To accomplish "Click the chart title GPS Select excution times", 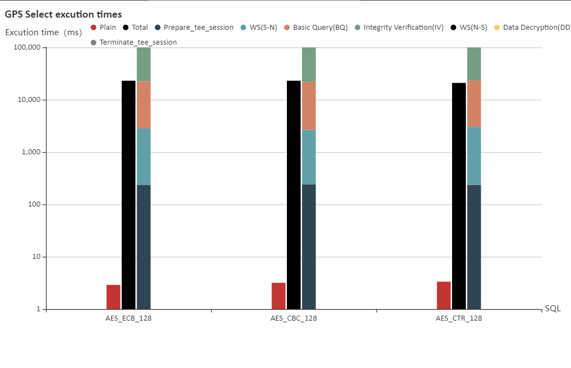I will click(63, 14).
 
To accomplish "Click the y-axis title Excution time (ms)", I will click(43, 32).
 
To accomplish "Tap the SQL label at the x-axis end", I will click(552, 309).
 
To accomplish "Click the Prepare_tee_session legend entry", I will click(194, 28).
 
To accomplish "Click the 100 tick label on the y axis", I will click(34, 204).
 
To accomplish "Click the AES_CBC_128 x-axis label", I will click(293, 318).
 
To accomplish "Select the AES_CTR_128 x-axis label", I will click(459, 318).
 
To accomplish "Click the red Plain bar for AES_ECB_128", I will click(113, 297).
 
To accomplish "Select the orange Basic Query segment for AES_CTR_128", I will click(474, 104).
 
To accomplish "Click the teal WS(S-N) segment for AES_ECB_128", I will click(144, 156).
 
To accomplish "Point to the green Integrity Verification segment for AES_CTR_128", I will click(474, 64).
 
